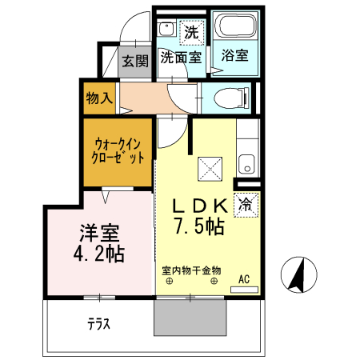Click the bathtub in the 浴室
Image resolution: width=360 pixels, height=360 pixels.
(x=235, y=25)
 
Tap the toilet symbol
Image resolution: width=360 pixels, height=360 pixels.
(x=232, y=98)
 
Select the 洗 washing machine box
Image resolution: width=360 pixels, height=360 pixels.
(x=192, y=32)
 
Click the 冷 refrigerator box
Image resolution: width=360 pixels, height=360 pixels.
(x=246, y=205)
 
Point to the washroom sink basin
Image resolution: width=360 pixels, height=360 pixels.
(x=166, y=29)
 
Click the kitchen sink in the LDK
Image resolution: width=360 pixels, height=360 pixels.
(x=247, y=164)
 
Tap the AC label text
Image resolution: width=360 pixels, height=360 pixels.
(x=244, y=279)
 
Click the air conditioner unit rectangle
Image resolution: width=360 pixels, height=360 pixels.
(x=244, y=290)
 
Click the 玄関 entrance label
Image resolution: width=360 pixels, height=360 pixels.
(x=135, y=61)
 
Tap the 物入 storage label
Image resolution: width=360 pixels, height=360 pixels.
(x=99, y=98)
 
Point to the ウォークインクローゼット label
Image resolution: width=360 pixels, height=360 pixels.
(x=118, y=151)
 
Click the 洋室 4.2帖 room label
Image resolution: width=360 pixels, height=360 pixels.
(x=99, y=243)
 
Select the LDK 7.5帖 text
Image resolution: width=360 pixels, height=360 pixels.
(x=200, y=217)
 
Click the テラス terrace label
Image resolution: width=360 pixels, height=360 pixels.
(x=98, y=324)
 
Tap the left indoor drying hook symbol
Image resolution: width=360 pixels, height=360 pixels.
(x=170, y=281)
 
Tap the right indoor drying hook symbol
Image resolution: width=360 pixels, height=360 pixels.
(x=214, y=281)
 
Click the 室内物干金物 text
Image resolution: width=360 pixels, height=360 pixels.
(x=191, y=270)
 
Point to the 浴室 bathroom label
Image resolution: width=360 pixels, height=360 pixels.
(x=235, y=55)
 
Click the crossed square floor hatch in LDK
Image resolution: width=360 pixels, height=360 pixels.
(x=210, y=169)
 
